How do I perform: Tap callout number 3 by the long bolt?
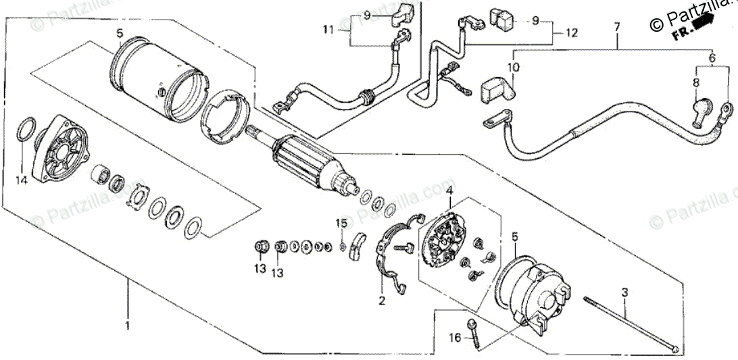624,292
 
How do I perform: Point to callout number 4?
449,191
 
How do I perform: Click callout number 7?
616,27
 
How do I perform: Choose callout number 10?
513,68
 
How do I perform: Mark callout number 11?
328,30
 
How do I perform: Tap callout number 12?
571,32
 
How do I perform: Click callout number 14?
22,180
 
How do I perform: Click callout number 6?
712,59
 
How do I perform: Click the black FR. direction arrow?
702,22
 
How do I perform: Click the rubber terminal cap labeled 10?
495,90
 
